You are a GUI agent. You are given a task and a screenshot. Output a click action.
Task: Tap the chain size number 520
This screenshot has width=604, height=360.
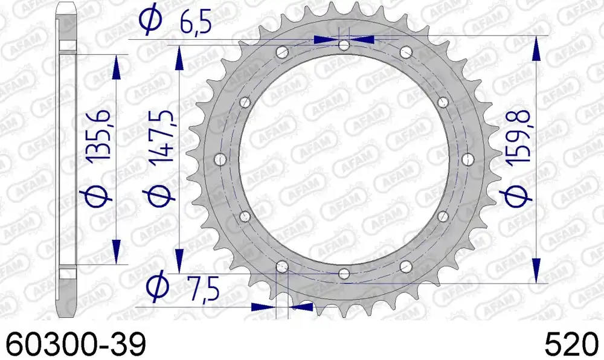click(x=571, y=344)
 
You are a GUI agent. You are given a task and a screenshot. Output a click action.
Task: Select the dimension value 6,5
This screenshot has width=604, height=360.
click(x=196, y=23)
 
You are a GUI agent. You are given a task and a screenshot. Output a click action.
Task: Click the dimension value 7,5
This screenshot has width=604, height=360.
click(x=204, y=288)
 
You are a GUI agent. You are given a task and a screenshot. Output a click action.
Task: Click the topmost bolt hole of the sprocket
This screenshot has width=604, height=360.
click(x=344, y=45)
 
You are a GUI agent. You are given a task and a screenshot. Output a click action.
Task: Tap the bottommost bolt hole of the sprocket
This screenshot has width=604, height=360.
click(x=344, y=274)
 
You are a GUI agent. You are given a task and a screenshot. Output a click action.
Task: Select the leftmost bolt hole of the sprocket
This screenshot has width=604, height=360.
click(x=220, y=159)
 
